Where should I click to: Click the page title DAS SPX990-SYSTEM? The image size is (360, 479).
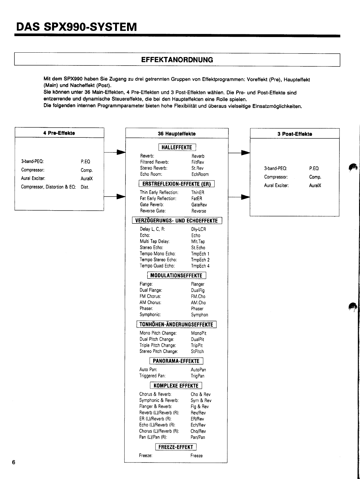[x=77, y=27]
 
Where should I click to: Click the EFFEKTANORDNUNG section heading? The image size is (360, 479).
[x=177, y=60]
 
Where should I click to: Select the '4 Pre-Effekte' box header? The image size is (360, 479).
[x=59, y=133]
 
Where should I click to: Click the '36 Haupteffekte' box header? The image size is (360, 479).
[x=177, y=134]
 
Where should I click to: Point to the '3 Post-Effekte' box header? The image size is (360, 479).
[x=294, y=134]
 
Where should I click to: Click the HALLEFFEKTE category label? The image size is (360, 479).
[x=177, y=148]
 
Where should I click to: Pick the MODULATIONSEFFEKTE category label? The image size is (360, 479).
[x=176, y=275]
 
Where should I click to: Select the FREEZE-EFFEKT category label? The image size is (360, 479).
[x=176, y=447]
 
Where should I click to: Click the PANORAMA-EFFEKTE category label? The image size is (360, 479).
[x=176, y=361]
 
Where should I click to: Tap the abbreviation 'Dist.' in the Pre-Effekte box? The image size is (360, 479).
[x=85, y=187]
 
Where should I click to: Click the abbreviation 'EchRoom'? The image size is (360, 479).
[x=200, y=174]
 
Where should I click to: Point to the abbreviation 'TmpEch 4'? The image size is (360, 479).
[x=200, y=266]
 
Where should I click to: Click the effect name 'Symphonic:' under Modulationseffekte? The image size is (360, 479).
[x=150, y=315]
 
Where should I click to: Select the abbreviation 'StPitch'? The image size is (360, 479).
[x=197, y=351]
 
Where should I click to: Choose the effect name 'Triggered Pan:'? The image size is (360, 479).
[x=152, y=376]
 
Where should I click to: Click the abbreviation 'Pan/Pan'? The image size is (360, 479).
[x=198, y=437]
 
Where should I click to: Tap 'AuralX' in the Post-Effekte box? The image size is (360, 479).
[x=315, y=185]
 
